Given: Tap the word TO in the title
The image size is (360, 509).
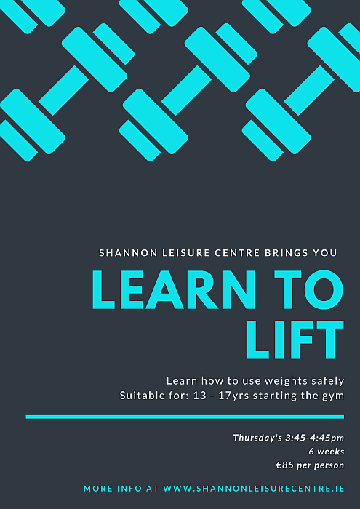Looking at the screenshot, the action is point(308,289).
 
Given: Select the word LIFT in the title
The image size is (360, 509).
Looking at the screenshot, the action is point(295,340).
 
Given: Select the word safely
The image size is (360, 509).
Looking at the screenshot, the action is point(329,381).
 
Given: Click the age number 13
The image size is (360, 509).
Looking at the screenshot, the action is point(200,396).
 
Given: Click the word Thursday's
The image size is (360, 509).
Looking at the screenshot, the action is point(257,438).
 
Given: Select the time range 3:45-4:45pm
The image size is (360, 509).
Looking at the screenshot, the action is point(315,438).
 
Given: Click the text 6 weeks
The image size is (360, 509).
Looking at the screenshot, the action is point(327,452).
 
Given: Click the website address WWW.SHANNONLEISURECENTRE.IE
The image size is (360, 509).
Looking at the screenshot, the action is point(254,489).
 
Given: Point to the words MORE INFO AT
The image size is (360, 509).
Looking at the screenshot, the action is point(121,489).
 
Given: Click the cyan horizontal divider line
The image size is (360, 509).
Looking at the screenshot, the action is point(185,417).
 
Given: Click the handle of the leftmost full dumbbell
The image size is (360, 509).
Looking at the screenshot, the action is point(63,91).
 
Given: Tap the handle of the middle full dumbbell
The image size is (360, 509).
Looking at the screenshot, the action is point(186,91).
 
